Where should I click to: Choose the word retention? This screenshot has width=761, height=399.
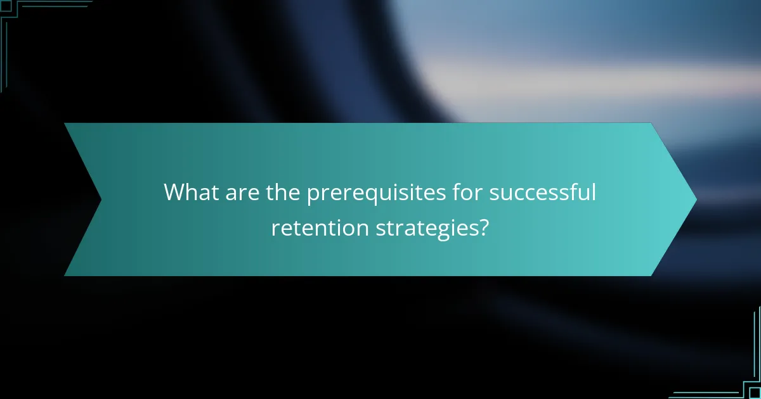pyautogui.click(x=319, y=227)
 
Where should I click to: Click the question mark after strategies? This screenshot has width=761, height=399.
pyautogui.click(x=484, y=227)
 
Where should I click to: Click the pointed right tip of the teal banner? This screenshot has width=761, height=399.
pyautogui.click(x=696, y=199)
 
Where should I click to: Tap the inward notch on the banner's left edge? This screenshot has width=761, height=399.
pyautogui.click(x=101, y=199)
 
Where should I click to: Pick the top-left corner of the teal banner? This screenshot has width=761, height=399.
pyautogui.click(x=65, y=123)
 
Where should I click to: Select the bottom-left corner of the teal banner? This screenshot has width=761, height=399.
pyautogui.click(x=65, y=275)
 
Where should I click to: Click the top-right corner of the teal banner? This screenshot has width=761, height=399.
pyautogui.click(x=651, y=123)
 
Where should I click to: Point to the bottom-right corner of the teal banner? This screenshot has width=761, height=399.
pyautogui.click(x=651, y=275)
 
